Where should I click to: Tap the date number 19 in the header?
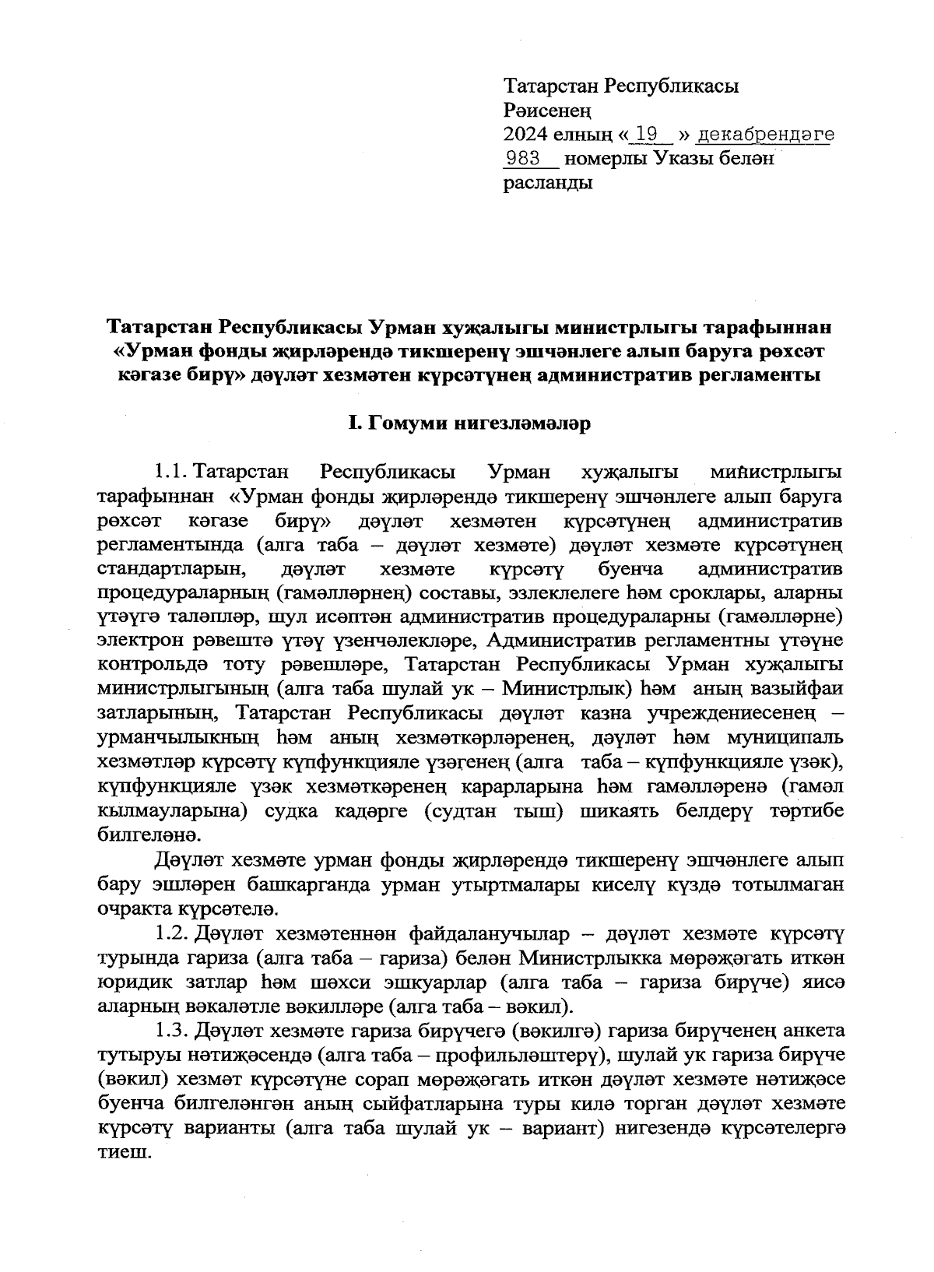coord(646,135)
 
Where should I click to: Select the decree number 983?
coord(522,159)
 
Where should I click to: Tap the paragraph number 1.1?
coord(171,473)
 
